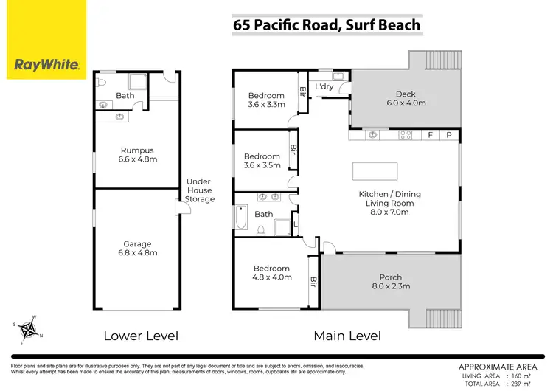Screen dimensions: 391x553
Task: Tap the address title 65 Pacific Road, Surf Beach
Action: pyautogui.click(x=327, y=25)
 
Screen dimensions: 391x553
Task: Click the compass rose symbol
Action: pyautogui.click(x=29, y=328)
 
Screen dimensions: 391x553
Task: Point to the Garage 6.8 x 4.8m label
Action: pyautogui.click(x=137, y=249)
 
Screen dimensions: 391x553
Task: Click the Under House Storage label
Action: pyautogui.click(x=200, y=190)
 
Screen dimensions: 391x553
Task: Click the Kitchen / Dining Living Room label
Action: pyautogui.click(x=389, y=203)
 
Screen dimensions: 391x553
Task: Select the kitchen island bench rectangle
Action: pyautogui.click(x=375, y=170)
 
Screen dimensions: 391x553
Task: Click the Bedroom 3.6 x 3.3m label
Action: pyautogui.click(x=266, y=100)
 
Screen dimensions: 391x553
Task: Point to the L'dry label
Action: pyautogui.click(x=324, y=87)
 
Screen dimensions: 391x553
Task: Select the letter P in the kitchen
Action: pyautogui.click(x=448, y=135)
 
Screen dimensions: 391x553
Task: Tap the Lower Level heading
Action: pyautogui.click(x=141, y=336)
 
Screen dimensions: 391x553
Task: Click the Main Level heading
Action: pyautogui.click(x=347, y=336)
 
